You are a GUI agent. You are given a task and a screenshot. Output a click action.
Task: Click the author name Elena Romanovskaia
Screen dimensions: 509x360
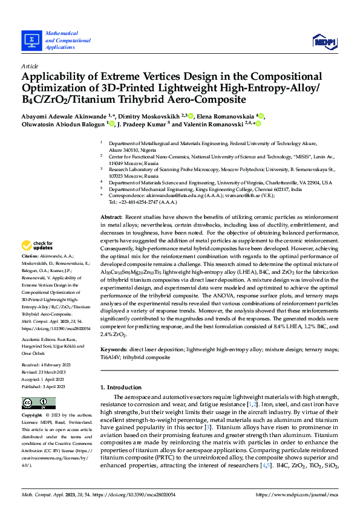(224, 115)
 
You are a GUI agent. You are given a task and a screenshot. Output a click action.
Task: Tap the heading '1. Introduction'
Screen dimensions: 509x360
(125, 386)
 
